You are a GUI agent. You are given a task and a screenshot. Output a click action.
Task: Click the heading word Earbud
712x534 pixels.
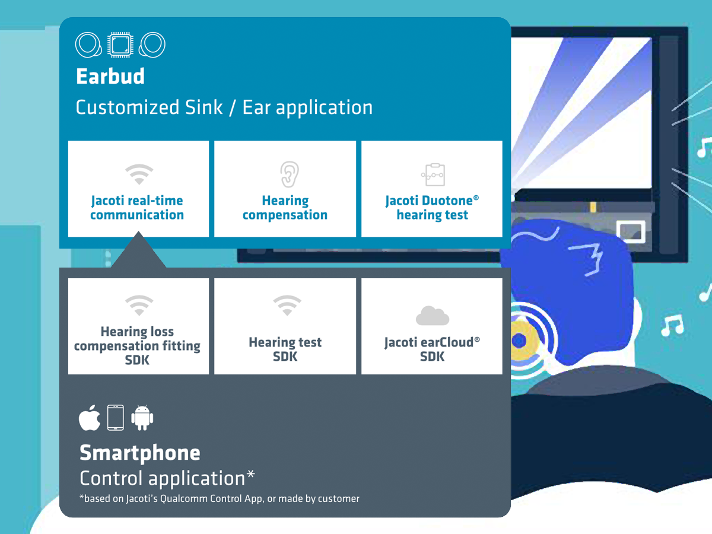click(x=110, y=77)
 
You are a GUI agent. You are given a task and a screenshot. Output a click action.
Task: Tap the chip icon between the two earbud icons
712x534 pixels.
click(x=120, y=44)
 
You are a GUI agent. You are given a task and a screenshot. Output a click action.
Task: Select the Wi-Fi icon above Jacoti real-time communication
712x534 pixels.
click(x=139, y=174)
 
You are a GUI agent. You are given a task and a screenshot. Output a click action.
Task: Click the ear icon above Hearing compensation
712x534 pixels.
click(x=290, y=174)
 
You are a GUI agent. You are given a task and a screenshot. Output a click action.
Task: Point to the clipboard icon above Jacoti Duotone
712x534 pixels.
click(x=433, y=175)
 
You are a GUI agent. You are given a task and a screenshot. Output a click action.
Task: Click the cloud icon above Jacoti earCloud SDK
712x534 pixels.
click(x=433, y=315)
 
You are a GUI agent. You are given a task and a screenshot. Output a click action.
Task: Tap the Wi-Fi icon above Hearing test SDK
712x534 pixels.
click(x=287, y=305)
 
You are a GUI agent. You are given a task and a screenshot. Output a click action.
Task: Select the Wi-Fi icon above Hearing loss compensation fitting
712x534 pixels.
click(x=139, y=305)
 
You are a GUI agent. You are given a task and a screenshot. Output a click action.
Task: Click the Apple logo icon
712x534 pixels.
click(x=90, y=418)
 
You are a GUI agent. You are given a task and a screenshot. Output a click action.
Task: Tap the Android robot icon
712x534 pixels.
click(x=142, y=418)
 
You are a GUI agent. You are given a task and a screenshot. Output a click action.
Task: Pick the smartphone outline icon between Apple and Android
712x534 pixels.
click(x=116, y=418)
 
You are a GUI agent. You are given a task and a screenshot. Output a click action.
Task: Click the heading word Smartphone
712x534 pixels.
click(x=140, y=453)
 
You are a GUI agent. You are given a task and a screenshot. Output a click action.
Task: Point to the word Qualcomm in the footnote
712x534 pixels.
click(x=184, y=498)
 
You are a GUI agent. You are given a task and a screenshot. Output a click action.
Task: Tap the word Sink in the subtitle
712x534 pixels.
click(x=204, y=107)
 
